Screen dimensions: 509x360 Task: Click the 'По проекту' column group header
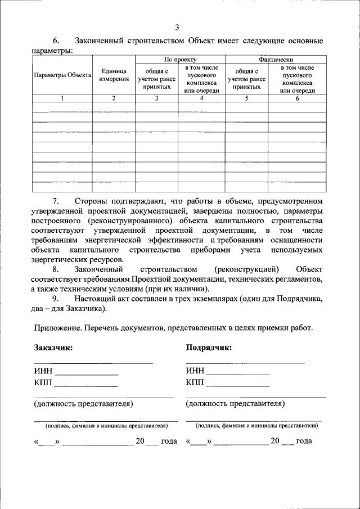pos(180,59)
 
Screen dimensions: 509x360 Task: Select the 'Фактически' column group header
pos(276,59)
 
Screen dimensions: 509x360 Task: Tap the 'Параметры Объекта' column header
pos(62,75)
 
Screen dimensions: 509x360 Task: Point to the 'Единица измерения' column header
pos(114,75)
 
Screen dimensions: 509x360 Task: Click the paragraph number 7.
pos(56,201)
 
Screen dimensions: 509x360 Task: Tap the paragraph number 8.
pos(56,269)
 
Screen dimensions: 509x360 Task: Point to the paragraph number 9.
pos(56,299)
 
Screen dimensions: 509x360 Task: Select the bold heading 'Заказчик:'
pos(53,348)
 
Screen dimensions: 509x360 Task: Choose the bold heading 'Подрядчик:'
pos(209,348)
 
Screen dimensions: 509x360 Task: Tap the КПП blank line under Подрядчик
pos(237,385)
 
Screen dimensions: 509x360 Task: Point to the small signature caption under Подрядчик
pos(254,426)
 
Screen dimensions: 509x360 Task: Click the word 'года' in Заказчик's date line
pos(169,441)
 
